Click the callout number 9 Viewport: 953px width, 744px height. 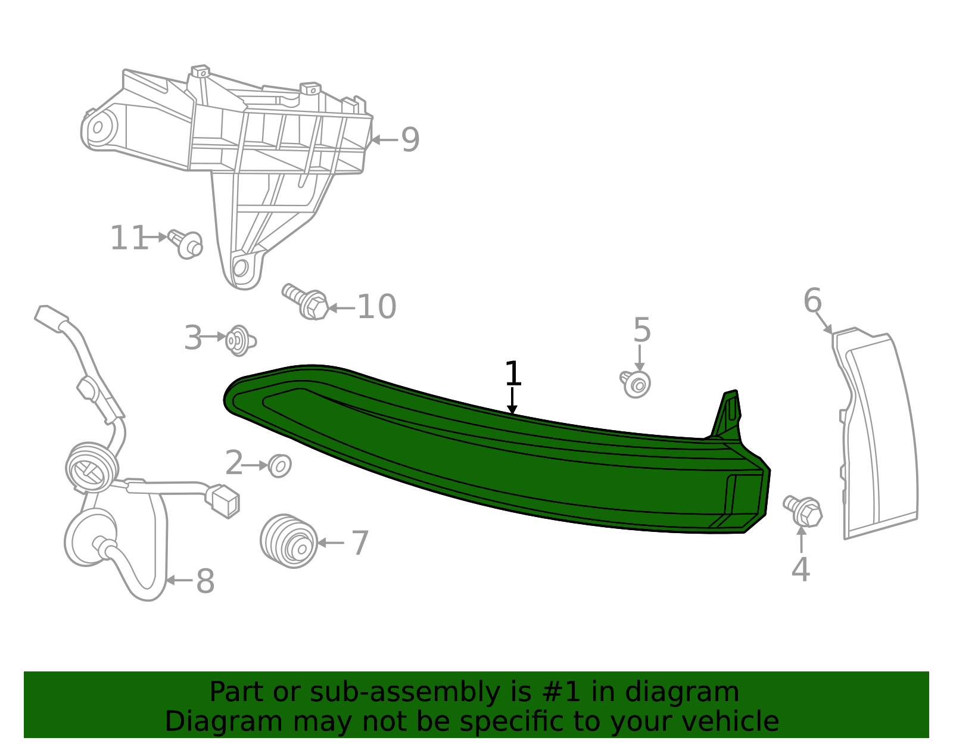coord(410,140)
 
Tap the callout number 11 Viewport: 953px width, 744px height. coord(129,238)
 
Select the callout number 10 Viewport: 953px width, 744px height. coord(377,307)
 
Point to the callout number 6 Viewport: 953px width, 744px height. coord(812,300)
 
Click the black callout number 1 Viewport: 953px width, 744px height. coord(513,373)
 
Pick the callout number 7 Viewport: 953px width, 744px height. coord(360,543)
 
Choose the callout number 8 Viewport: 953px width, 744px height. coord(205,581)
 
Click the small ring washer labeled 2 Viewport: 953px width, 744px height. coord(279,466)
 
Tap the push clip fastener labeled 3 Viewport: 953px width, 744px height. coord(240,340)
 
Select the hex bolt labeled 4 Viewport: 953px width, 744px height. coord(803,511)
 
